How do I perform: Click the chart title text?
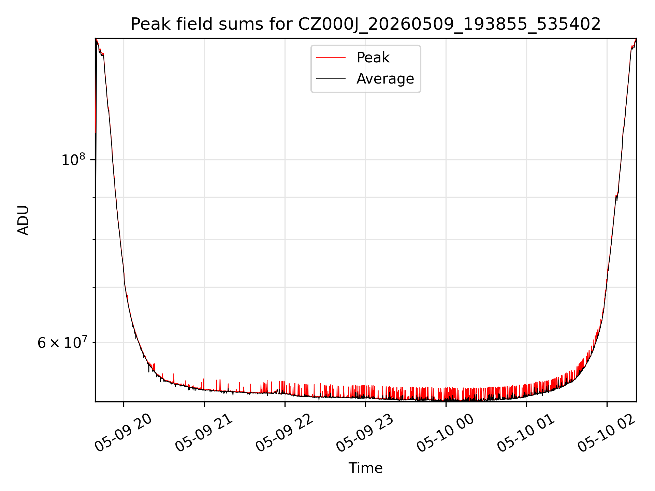click(x=365, y=24)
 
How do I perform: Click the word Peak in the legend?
click(x=373, y=58)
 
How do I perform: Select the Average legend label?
click(x=385, y=79)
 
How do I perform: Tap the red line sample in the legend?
click(x=331, y=57)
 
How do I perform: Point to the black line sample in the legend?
click(x=331, y=79)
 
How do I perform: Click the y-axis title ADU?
click(x=23, y=220)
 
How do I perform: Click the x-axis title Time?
click(x=365, y=468)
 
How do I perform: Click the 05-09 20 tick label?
click(x=123, y=433)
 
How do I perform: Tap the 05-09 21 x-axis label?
click(x=204, y=433)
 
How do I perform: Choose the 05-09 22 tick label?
click(x=285, y=433)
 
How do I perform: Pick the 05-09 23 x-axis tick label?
click(x=365, y=433)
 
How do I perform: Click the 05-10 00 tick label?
click(x=446, y=433)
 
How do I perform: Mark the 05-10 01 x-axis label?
click(x=526, y=433)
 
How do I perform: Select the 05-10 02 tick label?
click(x=607, y=433)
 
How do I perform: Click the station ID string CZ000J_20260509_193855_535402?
click(x=449, y=25)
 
